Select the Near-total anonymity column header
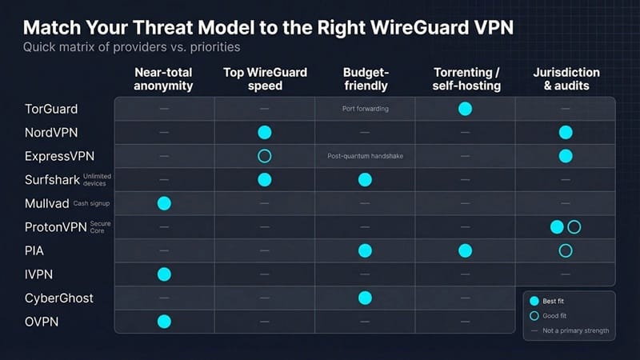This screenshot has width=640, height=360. (x=164, y=79)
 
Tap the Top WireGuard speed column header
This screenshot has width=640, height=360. (x=264, y=79)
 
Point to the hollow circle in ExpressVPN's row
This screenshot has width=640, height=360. (x=264, y=156)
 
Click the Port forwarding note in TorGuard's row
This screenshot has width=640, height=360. (x=365, y=109)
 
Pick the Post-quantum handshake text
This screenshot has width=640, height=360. (x=365, y=156)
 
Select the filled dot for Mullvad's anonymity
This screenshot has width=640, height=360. (x=164, y=203)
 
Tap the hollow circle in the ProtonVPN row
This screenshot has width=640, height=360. (x=574, y=227)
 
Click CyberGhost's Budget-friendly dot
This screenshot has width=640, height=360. (x=365, y=298)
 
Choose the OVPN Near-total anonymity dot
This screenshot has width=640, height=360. (x=164, y=322)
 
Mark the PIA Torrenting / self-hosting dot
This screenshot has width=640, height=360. (x=465, y=250)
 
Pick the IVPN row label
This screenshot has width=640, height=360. (x=41, y=274)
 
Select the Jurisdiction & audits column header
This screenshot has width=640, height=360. (x=565, y=79)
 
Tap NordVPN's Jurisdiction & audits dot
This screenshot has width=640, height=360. (x=565, y=132)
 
